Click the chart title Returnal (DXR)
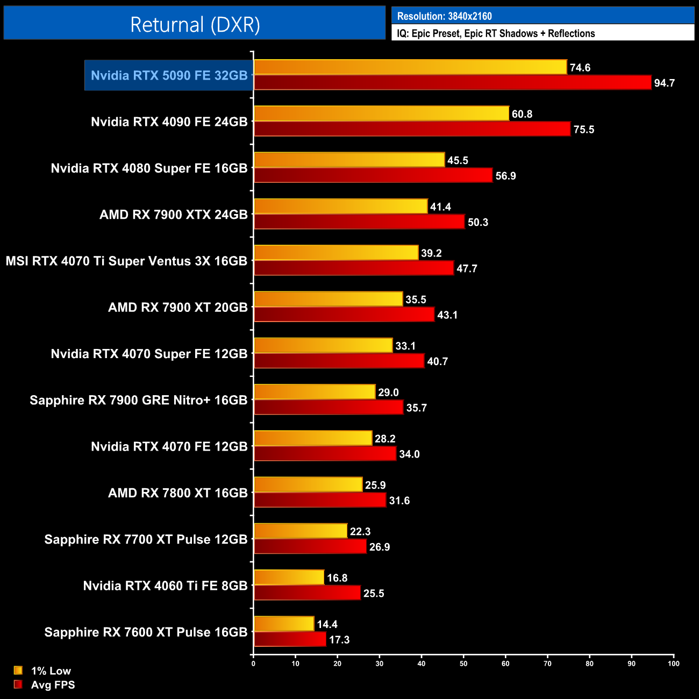[x=195, y=25]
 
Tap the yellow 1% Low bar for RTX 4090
[x=381, y=113]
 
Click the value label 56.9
[x=505, y=176]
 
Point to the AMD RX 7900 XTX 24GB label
[x=173, y=215]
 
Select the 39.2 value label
[x=431, y=253]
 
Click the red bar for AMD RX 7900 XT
[x=344, y=315]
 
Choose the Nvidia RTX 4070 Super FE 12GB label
[x=149, y=354]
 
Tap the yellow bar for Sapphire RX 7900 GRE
[x=314, y=392]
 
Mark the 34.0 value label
[x=409, y=454]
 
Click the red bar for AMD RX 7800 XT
[x=320, y=501]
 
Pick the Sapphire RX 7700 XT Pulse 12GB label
[x=146, y=539]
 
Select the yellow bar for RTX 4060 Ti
[x=289, y=577]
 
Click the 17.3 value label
[x=339, y=640]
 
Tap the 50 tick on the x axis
[x=463, y=664]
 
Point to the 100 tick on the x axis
[x=673, y=664]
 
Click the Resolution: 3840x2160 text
[x=444, y=16]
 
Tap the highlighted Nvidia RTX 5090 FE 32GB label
[x=169, y=75]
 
